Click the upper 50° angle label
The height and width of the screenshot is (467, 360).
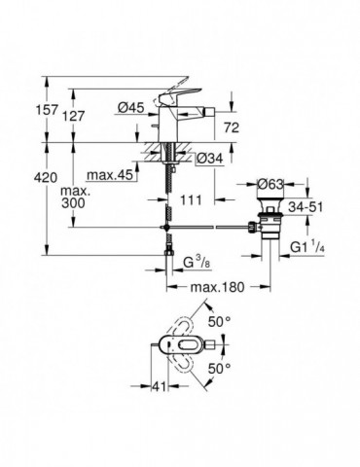(x=220, y=320)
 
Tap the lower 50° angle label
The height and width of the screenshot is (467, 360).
(x=221, y=368)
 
